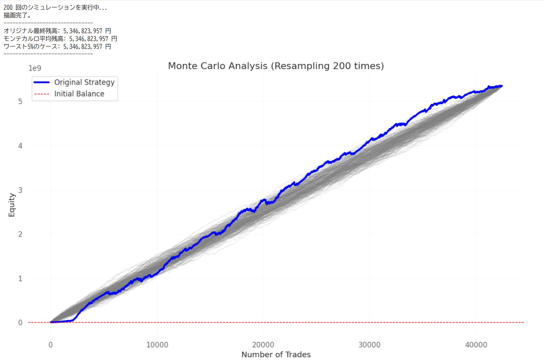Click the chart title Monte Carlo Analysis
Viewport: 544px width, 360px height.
pos(276,66)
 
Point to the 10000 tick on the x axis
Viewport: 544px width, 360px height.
pos(157,345)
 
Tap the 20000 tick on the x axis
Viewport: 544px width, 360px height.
pos(263,345)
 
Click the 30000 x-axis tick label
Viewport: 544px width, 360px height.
pos(369,345)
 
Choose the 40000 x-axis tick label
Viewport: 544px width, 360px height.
pos(476,345)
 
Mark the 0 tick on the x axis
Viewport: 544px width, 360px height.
pos(51,345)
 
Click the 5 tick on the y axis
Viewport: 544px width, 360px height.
pos(20,102)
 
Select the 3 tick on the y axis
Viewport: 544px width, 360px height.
pos(20,190)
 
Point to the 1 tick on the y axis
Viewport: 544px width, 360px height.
pos(20,279)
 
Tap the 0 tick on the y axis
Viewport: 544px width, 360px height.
pos(20,323)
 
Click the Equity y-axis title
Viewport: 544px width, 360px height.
pos(12,205)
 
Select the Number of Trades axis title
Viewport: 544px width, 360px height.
pos(276,355)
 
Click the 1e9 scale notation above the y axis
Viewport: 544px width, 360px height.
pos(35,68)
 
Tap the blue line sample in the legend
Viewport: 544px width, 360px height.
pos(42,83)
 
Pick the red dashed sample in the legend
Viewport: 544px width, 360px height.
pos(42,94)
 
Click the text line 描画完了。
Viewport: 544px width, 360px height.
pos(17,15)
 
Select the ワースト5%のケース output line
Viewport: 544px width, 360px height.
pos(57,47)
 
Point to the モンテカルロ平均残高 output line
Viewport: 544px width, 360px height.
pos(60,39)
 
